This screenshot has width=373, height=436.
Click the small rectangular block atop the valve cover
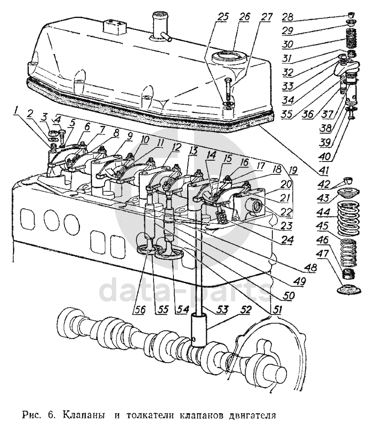click(113, 27)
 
